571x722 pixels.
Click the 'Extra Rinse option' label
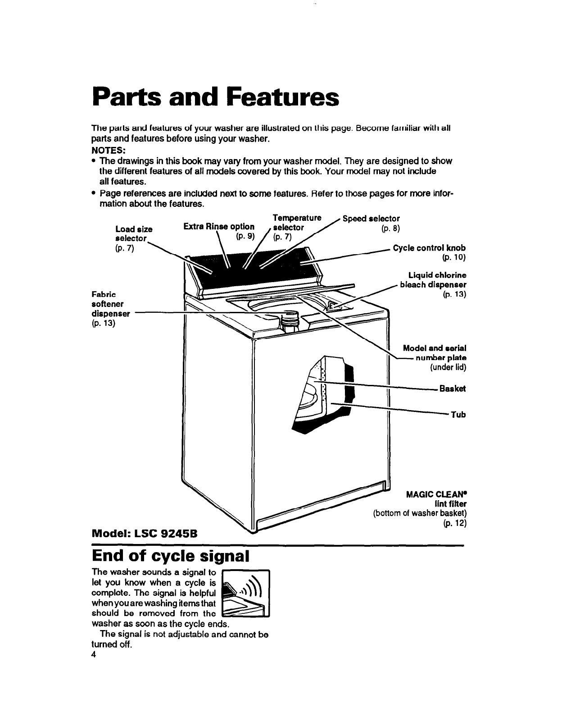coord(219,226)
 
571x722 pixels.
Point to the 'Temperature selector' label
coord(295,222)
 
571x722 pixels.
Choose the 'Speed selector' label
coord(371,219)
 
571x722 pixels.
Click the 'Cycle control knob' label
coord(429,248)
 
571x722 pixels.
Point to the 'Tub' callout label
coord(459,414)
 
